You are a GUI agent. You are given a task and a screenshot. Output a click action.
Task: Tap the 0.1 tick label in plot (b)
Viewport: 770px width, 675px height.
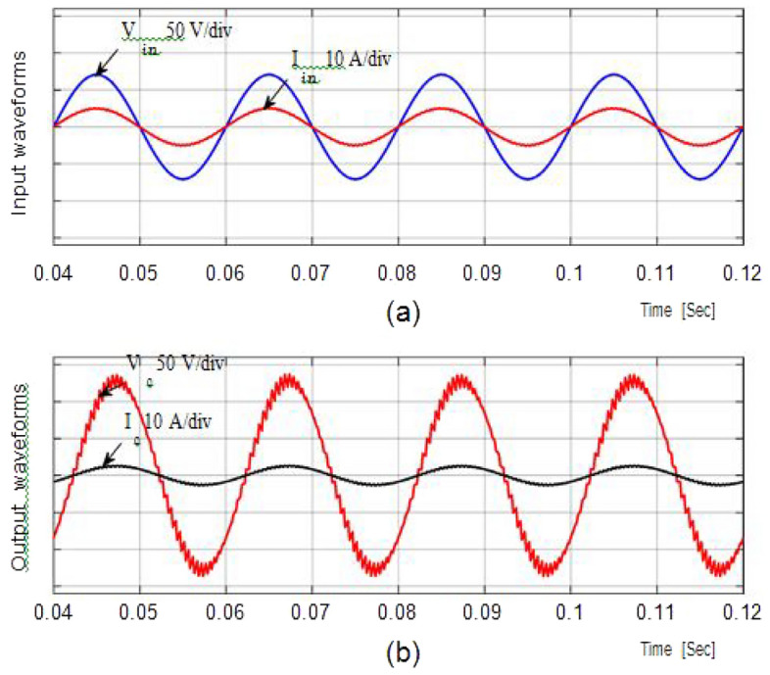569,613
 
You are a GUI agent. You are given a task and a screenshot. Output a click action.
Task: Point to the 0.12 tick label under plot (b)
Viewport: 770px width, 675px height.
742,613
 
